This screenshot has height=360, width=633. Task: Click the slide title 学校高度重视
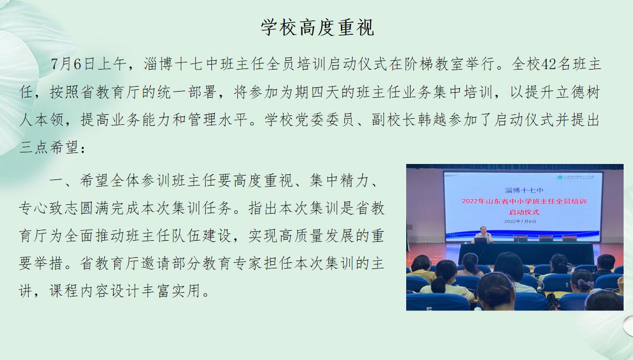click(x=318, y=28)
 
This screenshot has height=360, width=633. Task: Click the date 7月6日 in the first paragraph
click(x=73, y=64)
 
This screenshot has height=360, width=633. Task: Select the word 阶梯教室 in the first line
click(x=434, y=64)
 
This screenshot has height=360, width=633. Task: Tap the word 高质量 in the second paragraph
click(x=302, y=236)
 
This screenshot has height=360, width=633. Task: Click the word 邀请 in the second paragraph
click(x=157, y=263)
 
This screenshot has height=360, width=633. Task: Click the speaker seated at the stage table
click(x=483, y=234)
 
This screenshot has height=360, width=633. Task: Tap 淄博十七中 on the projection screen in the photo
click(x=524, y=190)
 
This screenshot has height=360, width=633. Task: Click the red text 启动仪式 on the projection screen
click(x=524, y=212)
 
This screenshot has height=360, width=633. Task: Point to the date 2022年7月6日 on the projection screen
click(x=520, y=221)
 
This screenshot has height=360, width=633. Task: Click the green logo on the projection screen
click(x=560, y=177)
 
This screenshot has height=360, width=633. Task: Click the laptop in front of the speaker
click(x=480, y=240)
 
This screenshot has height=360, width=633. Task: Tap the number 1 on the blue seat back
click(x=567, y=285)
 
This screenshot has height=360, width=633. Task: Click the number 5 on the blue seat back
click(x=429, y=309)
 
